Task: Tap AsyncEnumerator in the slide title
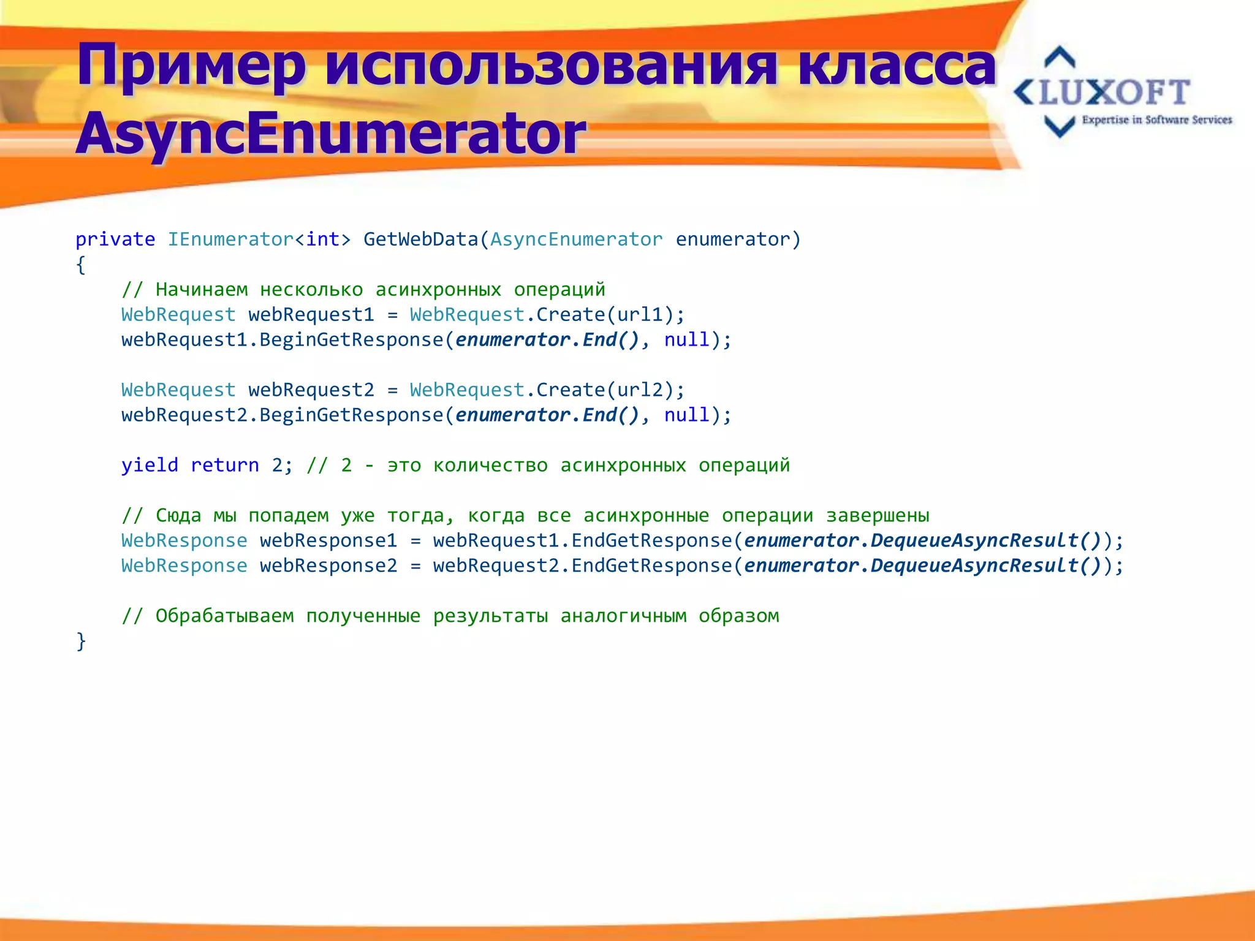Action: pyautogui.click(x=331, y=134)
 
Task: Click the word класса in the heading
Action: pyautogui.click(x=897, y=65)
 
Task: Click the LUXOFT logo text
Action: pyautogui.click(x=1114, y=93)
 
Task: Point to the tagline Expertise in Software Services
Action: pyautogui.click(x=1156, y=120)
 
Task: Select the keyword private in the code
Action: pyautogui.click(x=115, y=240)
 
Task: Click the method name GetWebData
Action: pyautogui.click(x=420, y=240)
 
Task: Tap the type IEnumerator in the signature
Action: pyautogui.click(x=230, y=240)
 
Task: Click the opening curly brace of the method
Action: pyautogui.click(x=80, y=265)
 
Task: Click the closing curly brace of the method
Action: pyautogui.click(x=80, y=641)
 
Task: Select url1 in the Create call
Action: pyautogui.click(x=640, y=315)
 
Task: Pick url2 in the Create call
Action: pyautogui.click(x=640, y=390)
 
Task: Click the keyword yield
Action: pyautogui.click(x=150, y=466)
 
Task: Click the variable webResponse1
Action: pyautogui.click(x=328, y=541)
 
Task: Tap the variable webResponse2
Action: pyautogui.click(x=328, y=566)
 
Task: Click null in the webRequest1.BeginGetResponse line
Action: pyautogui.click(x=686, y=340)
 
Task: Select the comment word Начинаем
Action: pyautogui.click(x=202, y=290)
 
